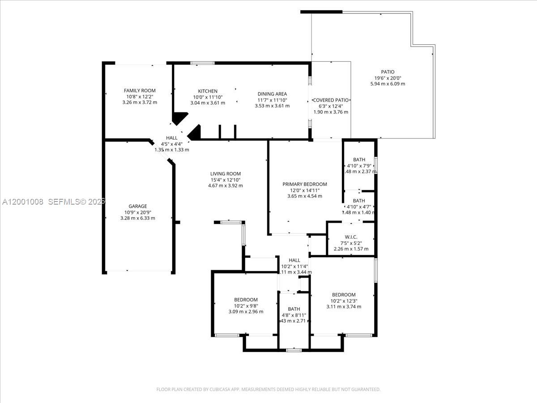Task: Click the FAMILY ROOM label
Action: click(x=140, y=91)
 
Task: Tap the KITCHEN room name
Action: click(x=208, y=91)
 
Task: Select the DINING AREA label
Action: click(x=272, y=94)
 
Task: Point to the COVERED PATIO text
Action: click(x=331, y=100)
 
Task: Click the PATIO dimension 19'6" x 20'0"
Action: click(x=388, y=78)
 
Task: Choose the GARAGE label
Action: click(x=137, y=206)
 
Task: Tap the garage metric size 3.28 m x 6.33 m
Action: click(x=137, y=218)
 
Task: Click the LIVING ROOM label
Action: click(x=226, y=174)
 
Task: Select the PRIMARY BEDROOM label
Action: click(x=305, y=184)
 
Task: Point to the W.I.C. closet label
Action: click(x=351, y=237)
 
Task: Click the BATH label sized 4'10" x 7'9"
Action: click(x=359, y=159)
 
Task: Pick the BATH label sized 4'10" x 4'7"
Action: click(x=359, y=201)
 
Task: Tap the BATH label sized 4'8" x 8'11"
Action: click(x=294, y=309)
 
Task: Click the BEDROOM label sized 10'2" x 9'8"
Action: click(x=246, y=300)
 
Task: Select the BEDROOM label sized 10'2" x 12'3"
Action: click(x=344, y=295)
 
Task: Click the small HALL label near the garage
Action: click(x=171, y=138)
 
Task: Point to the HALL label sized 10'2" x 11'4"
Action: click(x=294, y=260)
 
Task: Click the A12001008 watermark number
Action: click(x=23, y=202)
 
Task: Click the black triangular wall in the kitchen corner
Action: click(x=179, y=119)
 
